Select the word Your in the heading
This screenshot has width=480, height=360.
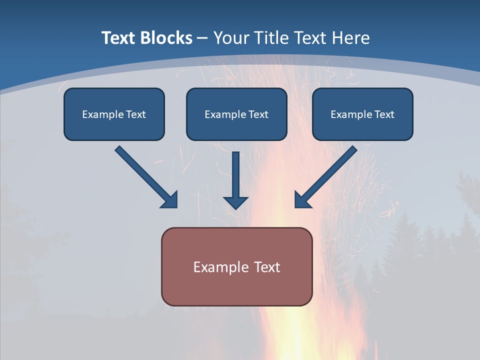pyautogui.click(x=231, y=38)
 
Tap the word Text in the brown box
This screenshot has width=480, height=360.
pyautogui.click(x=267, y=267)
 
